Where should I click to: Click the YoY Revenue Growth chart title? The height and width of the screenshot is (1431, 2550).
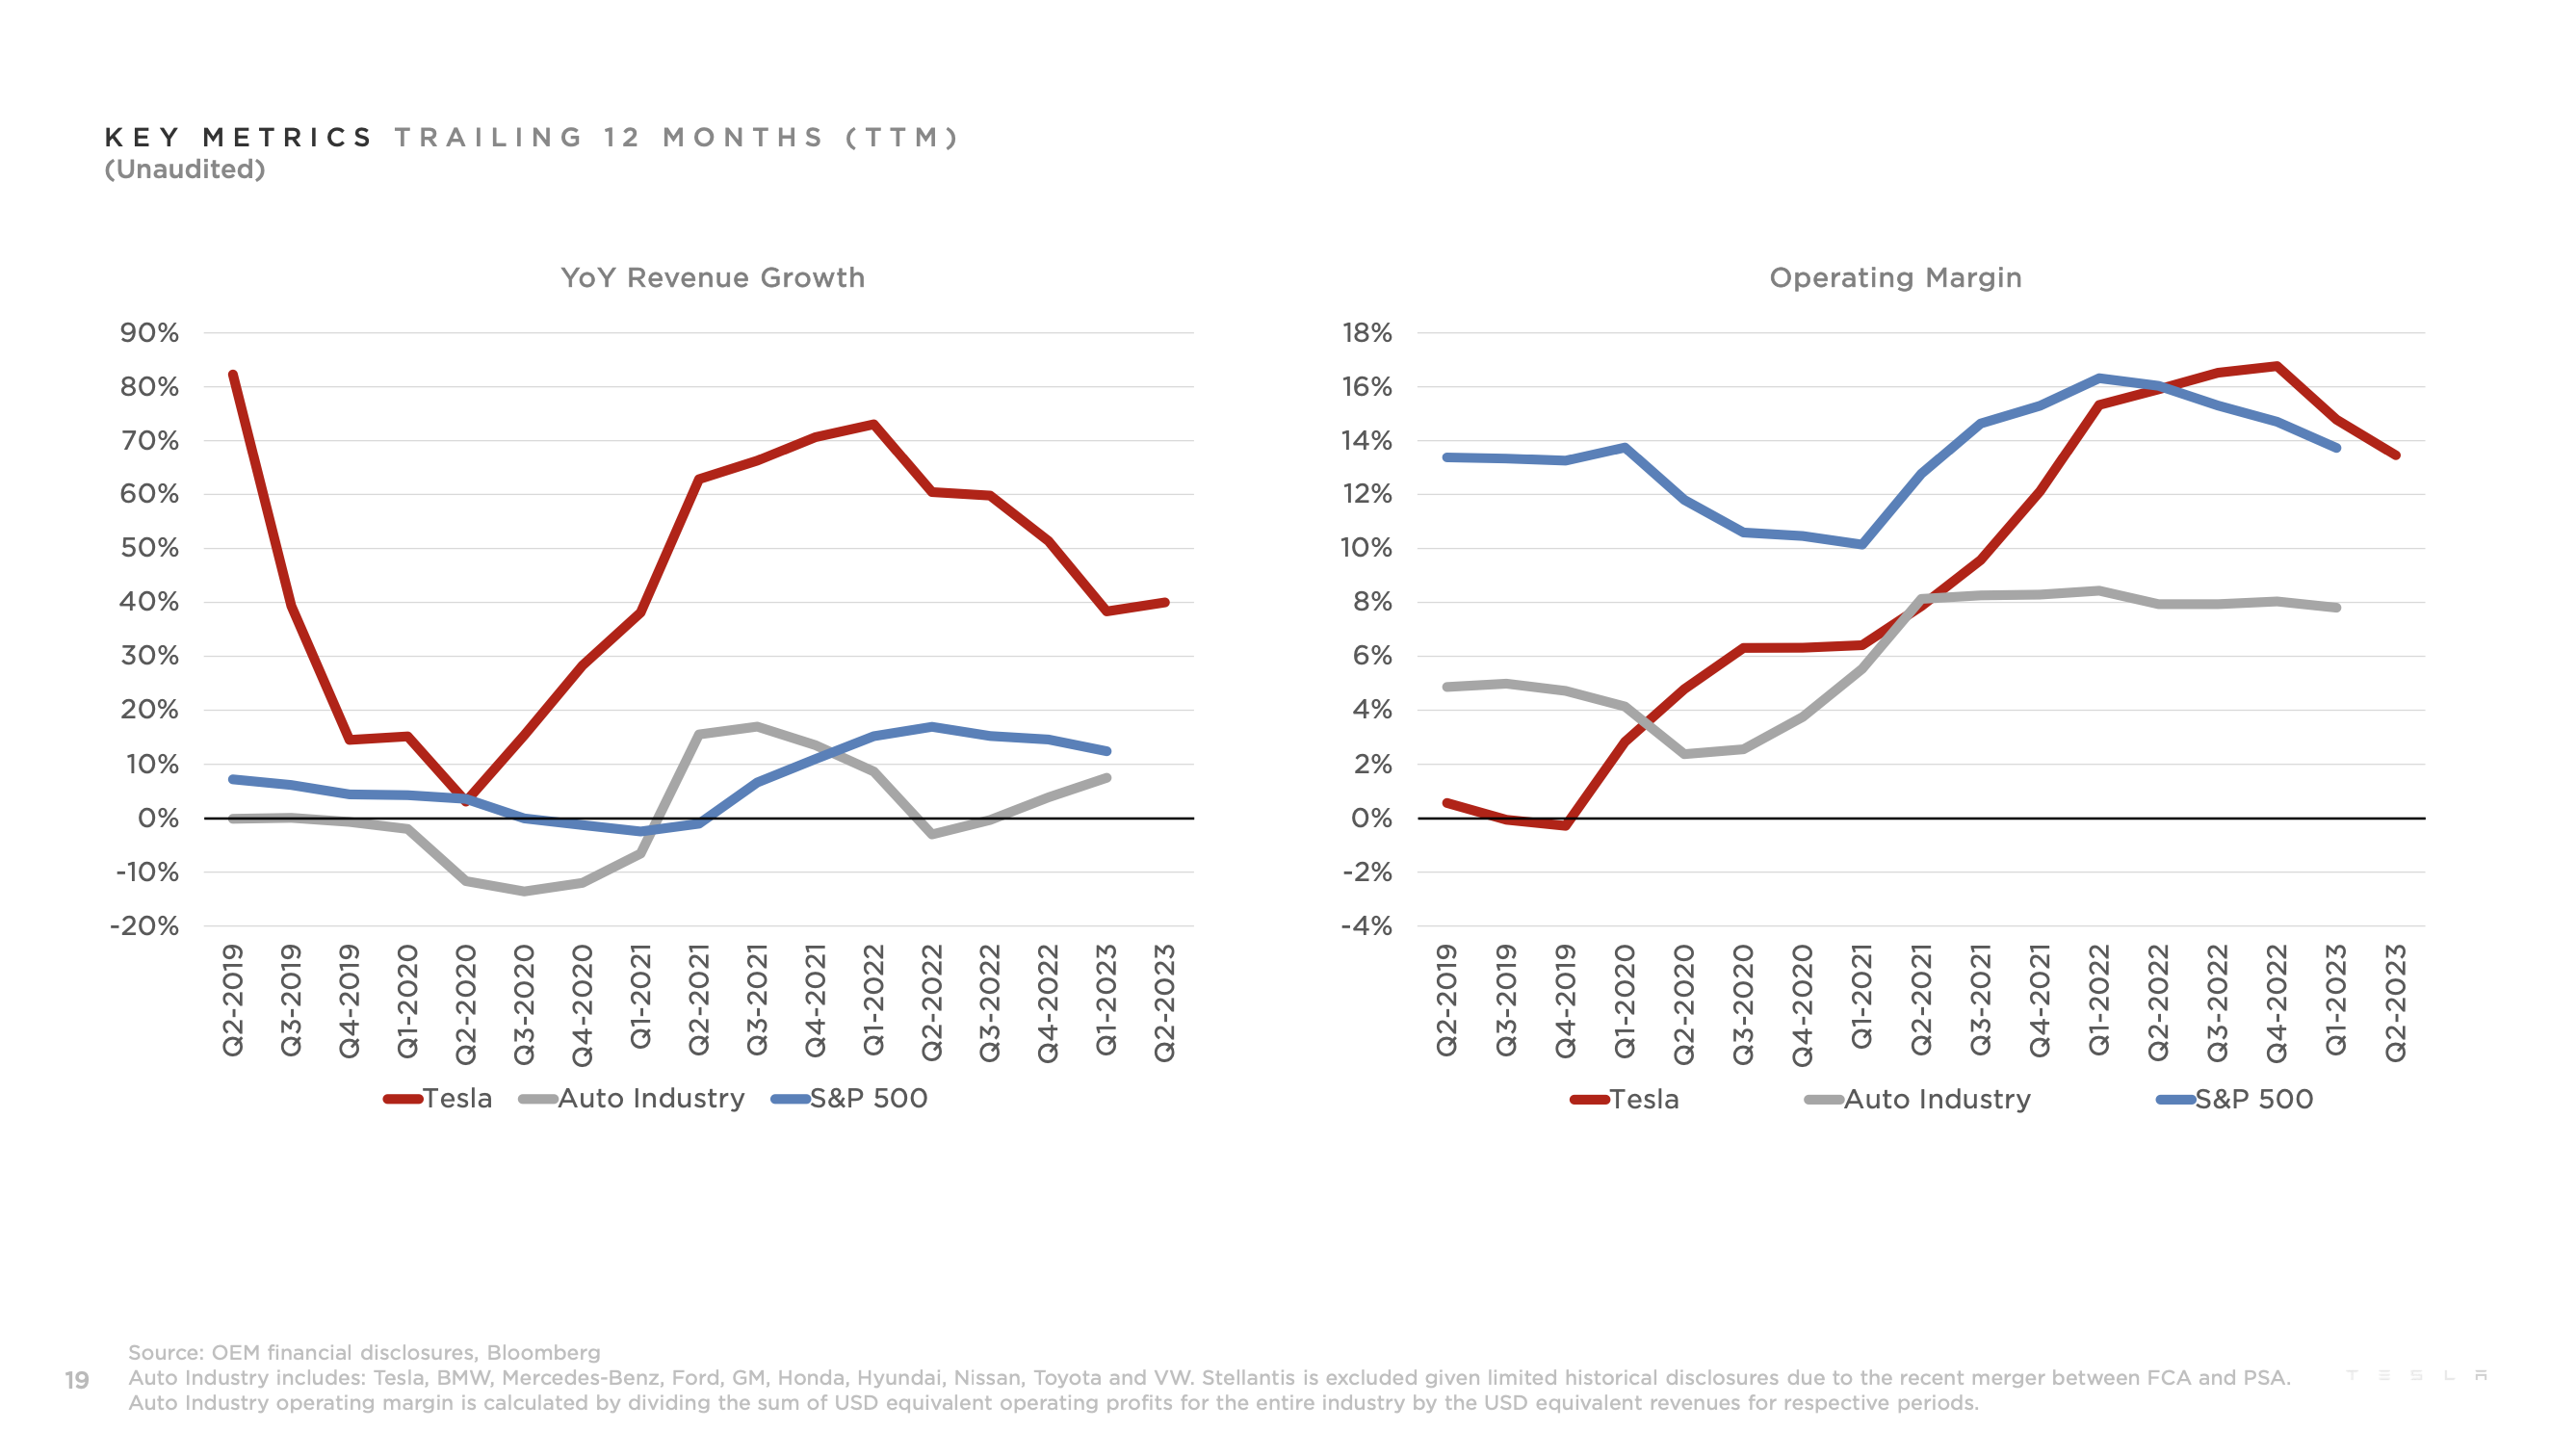[x=712, y=277]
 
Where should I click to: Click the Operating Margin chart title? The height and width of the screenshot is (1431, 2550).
[x=1894, y=277]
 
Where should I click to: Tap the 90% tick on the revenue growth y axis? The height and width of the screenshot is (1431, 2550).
[x=149, y=332]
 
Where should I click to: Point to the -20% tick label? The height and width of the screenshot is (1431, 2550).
[x=144, y=926]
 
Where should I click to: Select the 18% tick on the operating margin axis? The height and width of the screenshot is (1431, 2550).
[x=1366, y=332]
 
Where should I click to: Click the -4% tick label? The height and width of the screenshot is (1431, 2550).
[x=1366, y=926]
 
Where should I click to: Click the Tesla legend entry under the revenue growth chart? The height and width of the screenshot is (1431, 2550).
[x=438, y=1099]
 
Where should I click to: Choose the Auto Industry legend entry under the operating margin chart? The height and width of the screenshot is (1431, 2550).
[x=1917, y=1100]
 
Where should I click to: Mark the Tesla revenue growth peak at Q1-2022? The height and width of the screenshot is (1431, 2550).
[x=873, y=425]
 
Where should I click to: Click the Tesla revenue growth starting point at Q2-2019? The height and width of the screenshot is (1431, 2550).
[x=233, y=374]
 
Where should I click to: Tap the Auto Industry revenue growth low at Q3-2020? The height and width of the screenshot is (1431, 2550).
[x=524, y=892]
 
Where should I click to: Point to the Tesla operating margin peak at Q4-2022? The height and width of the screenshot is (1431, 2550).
[x=2277, y=366]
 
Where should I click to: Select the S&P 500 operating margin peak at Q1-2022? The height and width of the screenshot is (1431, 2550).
[x=2098, y=378]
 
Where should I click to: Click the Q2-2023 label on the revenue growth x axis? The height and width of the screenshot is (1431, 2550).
[x=1164, y=1002]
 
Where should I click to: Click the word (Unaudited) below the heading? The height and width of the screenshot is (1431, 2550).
[x=185, y=169]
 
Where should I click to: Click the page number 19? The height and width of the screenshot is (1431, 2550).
[x=76, y=1380]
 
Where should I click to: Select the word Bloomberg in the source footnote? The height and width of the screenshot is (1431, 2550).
[x=542, y=1352]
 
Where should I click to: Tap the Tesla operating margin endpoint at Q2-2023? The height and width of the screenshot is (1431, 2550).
[x=2396, y=455]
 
